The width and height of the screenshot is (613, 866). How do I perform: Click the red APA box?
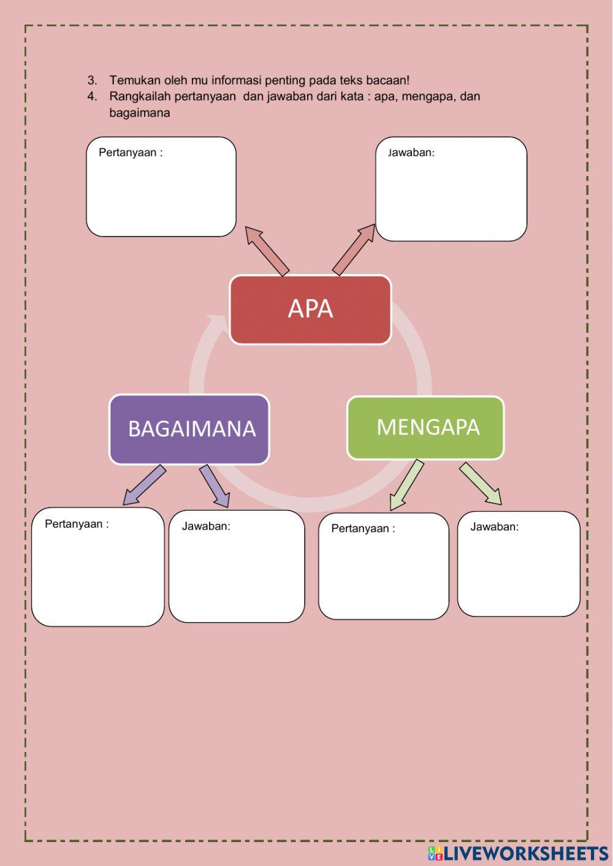coord(310,309)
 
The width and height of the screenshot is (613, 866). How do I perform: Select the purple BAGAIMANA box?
coord(189,429)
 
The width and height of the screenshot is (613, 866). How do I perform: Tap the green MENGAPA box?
coord(425,428)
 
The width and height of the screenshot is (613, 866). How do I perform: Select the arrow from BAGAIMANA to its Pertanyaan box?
coord(144,485)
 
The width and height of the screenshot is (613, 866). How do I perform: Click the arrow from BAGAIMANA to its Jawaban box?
coord(215,485)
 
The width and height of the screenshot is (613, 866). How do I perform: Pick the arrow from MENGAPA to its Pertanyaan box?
coord(406,485)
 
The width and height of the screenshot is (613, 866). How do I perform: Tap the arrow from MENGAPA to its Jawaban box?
coord(481,484)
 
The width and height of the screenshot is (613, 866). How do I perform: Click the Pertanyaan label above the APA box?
coord(131,153)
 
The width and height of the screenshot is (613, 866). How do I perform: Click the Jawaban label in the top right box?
coord(411,153)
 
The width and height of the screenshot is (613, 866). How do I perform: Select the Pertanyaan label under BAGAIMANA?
coord(77,524)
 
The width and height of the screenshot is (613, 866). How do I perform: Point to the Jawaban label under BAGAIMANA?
coord(206,526)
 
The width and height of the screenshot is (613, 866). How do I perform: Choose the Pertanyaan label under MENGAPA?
coord(363,528)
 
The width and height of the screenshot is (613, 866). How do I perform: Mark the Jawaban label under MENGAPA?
coord(494,526)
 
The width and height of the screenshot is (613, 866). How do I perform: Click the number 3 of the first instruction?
coord(92,80)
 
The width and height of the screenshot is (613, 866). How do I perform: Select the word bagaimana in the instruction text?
coord(140,113)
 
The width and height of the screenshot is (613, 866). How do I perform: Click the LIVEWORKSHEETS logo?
coord(518,853)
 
